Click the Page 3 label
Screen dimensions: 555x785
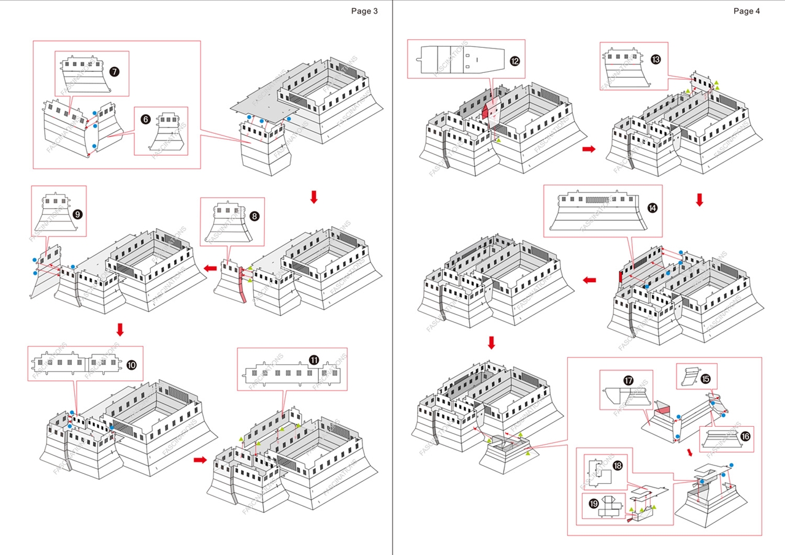coord(364,11)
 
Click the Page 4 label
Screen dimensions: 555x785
coord(746,11)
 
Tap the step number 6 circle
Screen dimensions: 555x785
coord(145,120)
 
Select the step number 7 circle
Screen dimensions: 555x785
coord(114,72)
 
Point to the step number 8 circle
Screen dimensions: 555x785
coord(255,216)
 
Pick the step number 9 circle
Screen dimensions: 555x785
coord(77,214)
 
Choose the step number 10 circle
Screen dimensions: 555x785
coord(131,364)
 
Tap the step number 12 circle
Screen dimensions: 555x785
coord(514,61)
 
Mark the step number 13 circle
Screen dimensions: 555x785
coord(656,59)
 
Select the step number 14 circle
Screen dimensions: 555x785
coord(652,208)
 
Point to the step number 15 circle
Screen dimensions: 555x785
coord(705,378)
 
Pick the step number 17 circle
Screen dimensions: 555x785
coord(629,381)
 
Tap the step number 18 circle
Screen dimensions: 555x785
coord(617,466)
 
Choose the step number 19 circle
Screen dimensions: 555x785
coord(594,503)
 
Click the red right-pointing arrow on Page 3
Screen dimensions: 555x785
coord(200,460)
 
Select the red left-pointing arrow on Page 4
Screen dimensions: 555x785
coord(589,280)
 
